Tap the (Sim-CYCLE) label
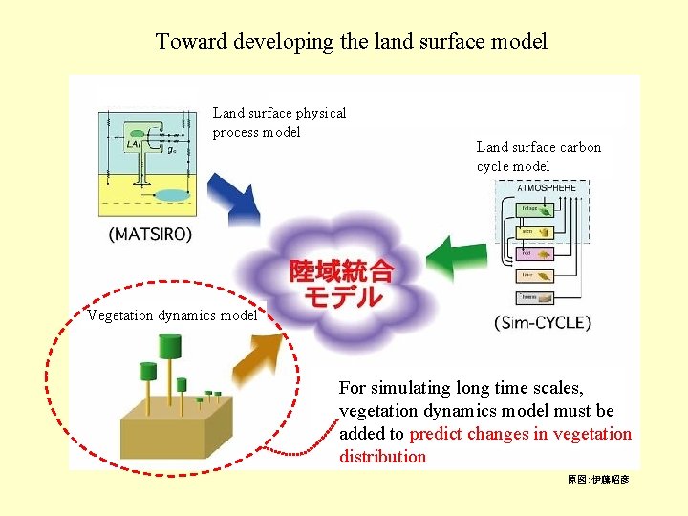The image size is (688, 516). click(x=542, y=322)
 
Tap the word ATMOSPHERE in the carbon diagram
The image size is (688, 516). click(x=547, y=188)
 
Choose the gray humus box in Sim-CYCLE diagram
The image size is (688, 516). click(x=528, y=297)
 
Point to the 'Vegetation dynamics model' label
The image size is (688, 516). click(x=172, y=315)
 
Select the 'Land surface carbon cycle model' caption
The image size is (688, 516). click(x=539, y=157)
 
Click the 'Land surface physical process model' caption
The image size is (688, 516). click(x=279, y=122)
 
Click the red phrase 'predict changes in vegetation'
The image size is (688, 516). click(x=520, y=434)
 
